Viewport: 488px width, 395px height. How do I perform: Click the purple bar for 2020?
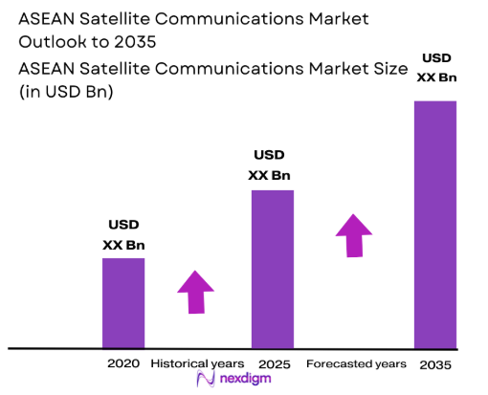123,302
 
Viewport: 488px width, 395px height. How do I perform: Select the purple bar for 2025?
272,269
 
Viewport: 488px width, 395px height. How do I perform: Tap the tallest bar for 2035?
435,224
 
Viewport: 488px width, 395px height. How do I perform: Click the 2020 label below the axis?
123,363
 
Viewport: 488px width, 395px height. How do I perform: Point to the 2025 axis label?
273,363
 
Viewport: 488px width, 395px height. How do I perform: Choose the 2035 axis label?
434,364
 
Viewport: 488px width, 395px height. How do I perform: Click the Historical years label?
198,363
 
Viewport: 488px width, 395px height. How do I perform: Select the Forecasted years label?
356,363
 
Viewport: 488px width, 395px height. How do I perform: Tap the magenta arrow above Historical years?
197,292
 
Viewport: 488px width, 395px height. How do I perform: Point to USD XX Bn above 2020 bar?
123,234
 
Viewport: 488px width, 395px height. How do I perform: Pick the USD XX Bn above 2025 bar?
269,165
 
